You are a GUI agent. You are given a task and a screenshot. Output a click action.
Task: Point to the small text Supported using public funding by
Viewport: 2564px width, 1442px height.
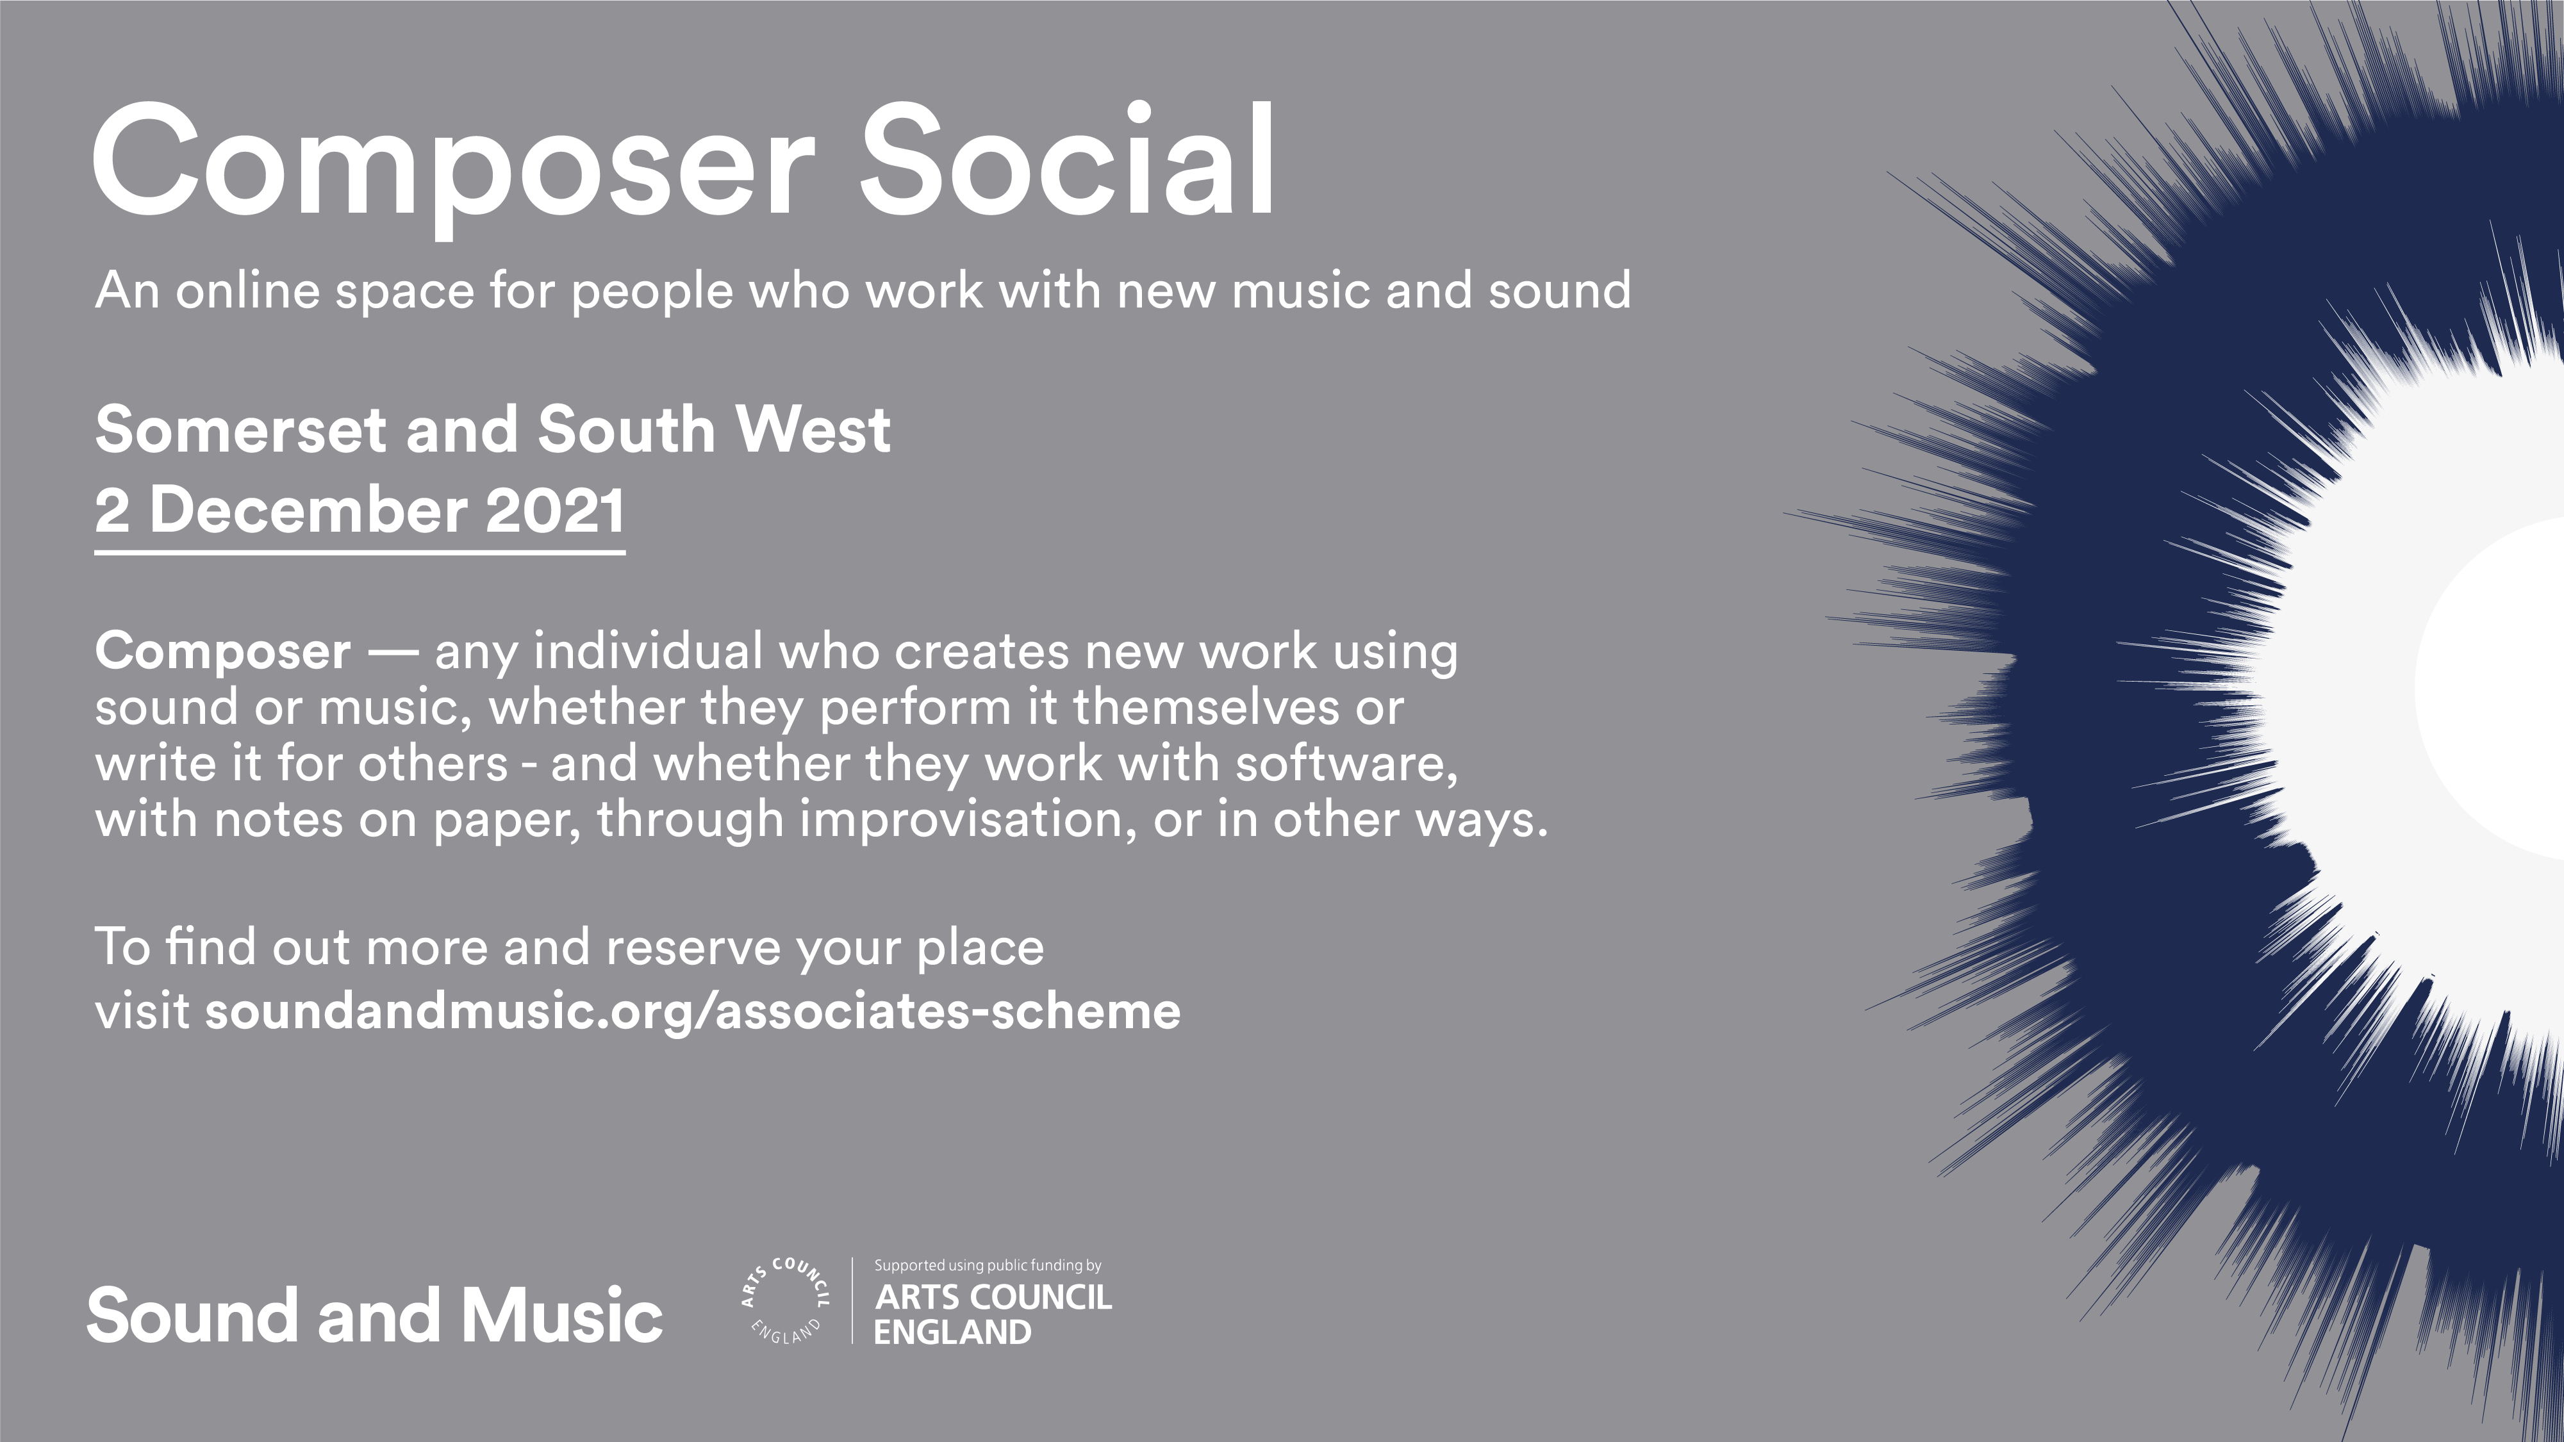(x=988, y=1266)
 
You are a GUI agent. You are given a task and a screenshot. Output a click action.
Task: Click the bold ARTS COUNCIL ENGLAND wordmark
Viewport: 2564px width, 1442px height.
(x=993, y=1315)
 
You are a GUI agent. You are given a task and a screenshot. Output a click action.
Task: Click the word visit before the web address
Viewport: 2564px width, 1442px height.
(x=142, y=1011)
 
